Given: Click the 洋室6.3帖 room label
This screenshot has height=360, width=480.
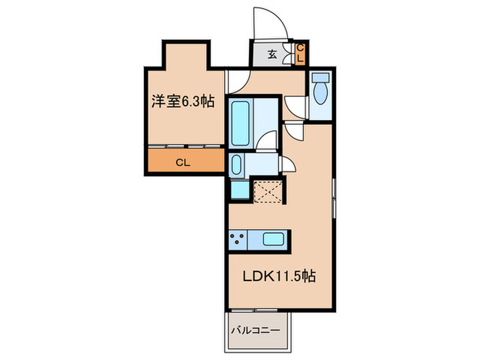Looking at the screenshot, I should click(183, 102).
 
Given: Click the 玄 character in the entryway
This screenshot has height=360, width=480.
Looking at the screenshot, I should click(272, 55).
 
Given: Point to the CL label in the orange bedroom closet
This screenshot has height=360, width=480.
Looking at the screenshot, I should click(182, 163).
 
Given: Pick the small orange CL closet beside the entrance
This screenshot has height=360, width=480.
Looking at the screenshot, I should click(300, 53).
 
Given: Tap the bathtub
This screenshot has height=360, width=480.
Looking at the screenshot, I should click(241, 122).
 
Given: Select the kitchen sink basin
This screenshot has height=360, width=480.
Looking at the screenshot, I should click(274, 240).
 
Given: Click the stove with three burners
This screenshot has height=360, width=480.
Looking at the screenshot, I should click(239, 240).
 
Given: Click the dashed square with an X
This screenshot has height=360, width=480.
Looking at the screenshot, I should click(268, 191).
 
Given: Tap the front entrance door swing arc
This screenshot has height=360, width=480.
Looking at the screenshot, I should click(269, 24).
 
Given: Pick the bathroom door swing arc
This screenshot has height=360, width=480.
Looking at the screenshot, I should click(269, 139).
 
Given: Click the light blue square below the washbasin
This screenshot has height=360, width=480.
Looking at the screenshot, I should click(239, 189).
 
